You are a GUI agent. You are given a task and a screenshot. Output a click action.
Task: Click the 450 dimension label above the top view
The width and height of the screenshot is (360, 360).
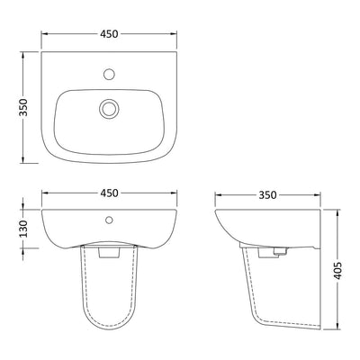coord(108,32)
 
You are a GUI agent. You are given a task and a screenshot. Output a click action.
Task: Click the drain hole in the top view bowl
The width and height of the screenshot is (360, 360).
coord(109,108)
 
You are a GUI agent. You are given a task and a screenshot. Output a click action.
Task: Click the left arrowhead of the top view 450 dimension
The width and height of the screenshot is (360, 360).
coord(45,32)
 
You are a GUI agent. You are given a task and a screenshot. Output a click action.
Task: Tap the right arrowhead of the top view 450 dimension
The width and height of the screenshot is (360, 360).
coord(174,32)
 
